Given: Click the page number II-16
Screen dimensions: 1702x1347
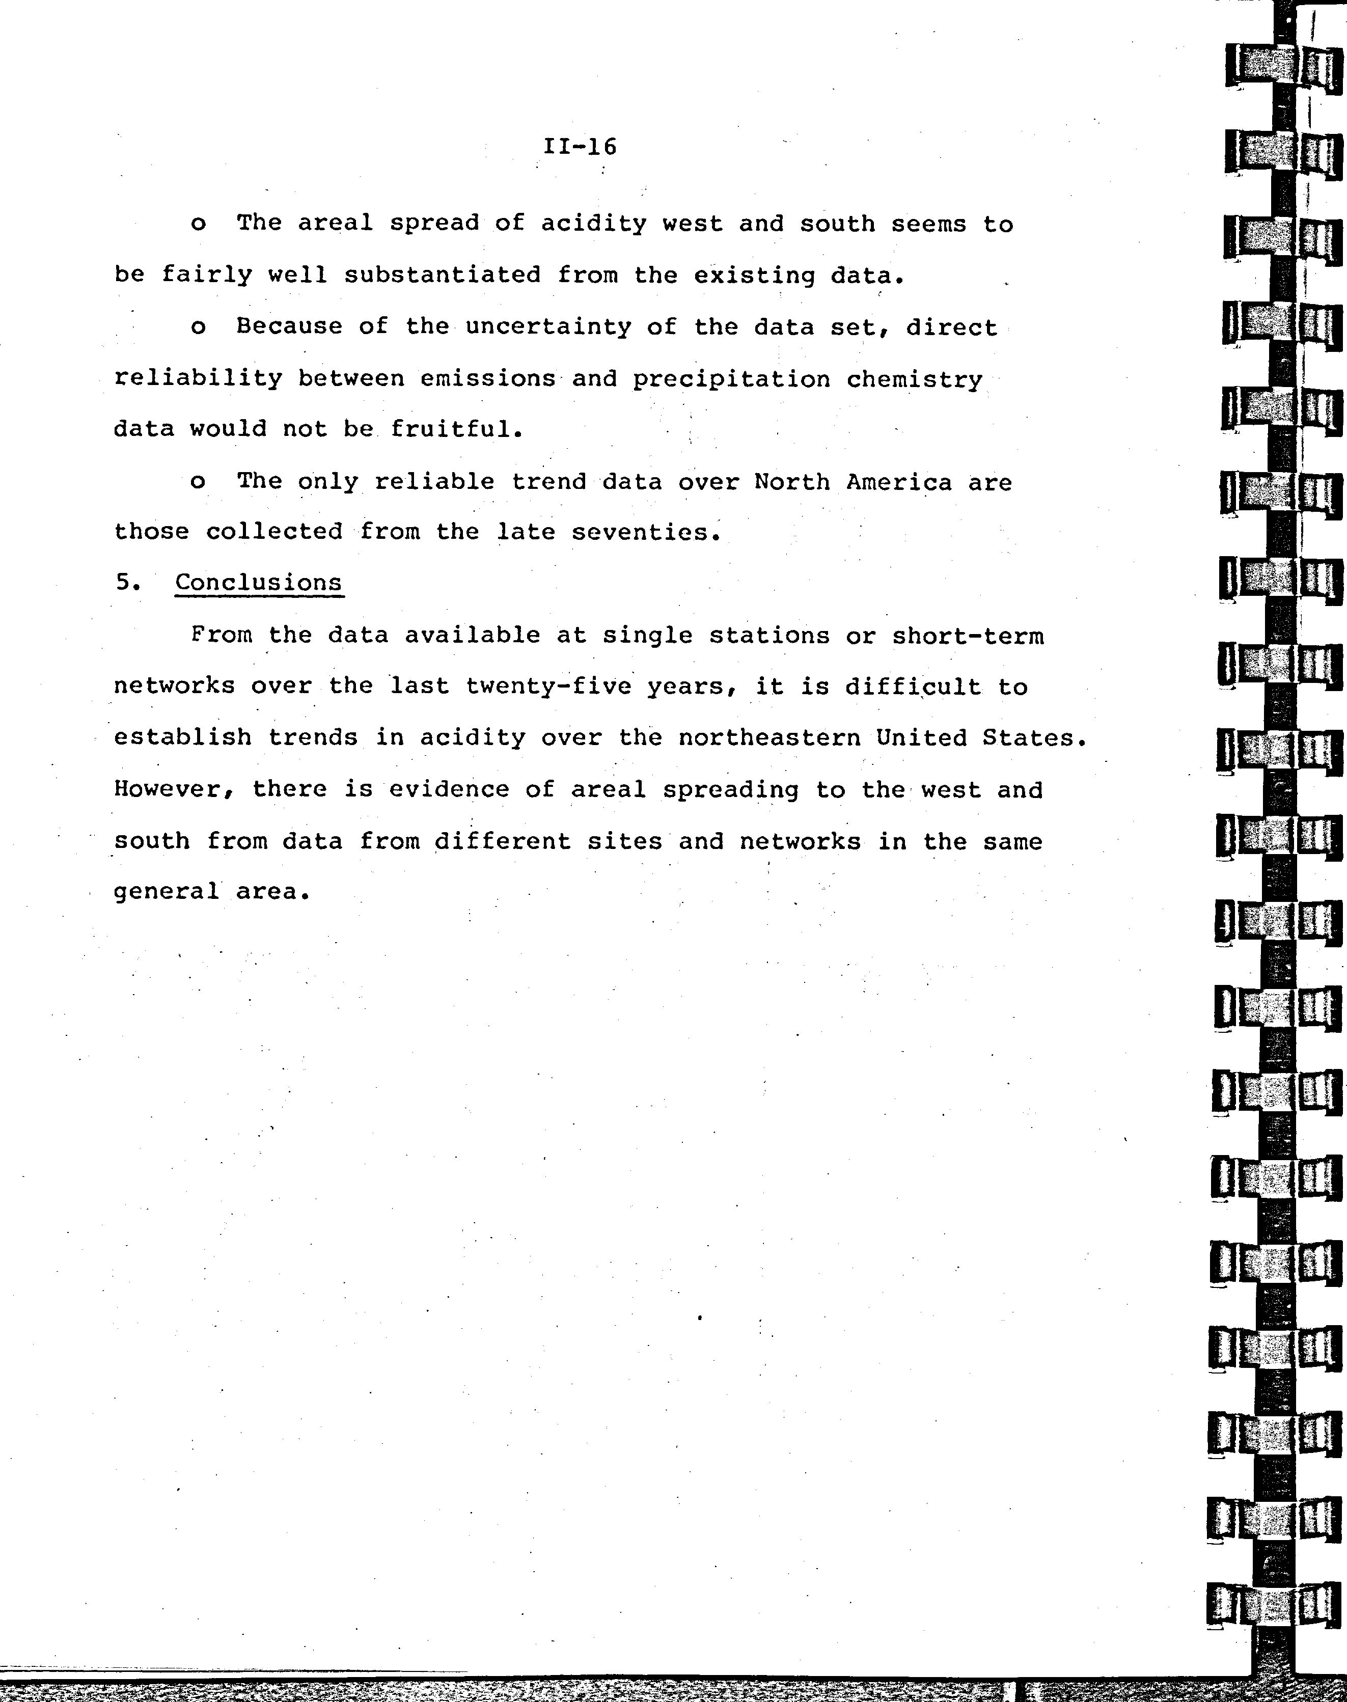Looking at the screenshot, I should (x=580, y=147).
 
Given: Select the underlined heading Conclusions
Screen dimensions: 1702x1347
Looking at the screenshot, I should (x=259, y=582).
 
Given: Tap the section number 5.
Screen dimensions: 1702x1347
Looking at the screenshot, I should (x=126, y=582).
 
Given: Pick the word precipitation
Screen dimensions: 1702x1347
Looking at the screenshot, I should (x=731, y=379).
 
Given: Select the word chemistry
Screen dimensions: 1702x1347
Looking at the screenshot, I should (x=914, y=379).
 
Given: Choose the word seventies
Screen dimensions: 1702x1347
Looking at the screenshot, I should (x=645, y=532).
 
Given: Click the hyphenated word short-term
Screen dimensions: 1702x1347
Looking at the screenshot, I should (x=968, y=636).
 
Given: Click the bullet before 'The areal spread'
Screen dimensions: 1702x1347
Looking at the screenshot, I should (x=198, y=225).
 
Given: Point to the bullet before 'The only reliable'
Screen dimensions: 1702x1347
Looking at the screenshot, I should (x=198, y=482).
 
